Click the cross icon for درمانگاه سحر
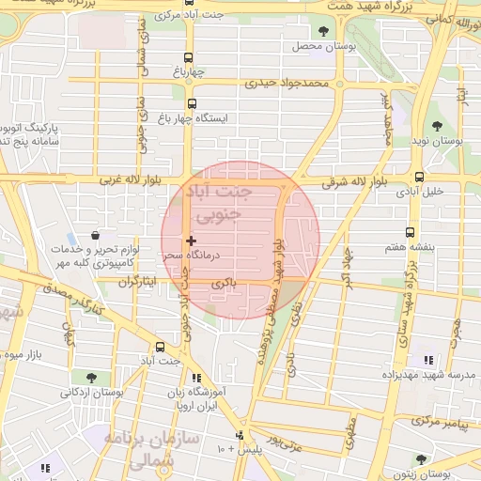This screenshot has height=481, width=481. [x=192, y=241]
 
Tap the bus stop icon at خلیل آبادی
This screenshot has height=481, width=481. [x=419, y=176]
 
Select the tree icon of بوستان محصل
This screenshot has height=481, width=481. [x=324, y=31]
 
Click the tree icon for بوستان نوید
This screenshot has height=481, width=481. [x=436, y=126]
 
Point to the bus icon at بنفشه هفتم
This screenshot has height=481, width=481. [x=410, y=232]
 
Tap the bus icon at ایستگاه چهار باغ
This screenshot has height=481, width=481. [x=193, y=104]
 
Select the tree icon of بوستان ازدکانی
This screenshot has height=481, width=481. [x=78, y=377]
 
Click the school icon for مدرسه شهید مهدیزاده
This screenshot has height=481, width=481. [x=428, y=360]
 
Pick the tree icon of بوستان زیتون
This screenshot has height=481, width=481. [x=420, y=459]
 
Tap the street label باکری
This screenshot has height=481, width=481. [x=223, y=282]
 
